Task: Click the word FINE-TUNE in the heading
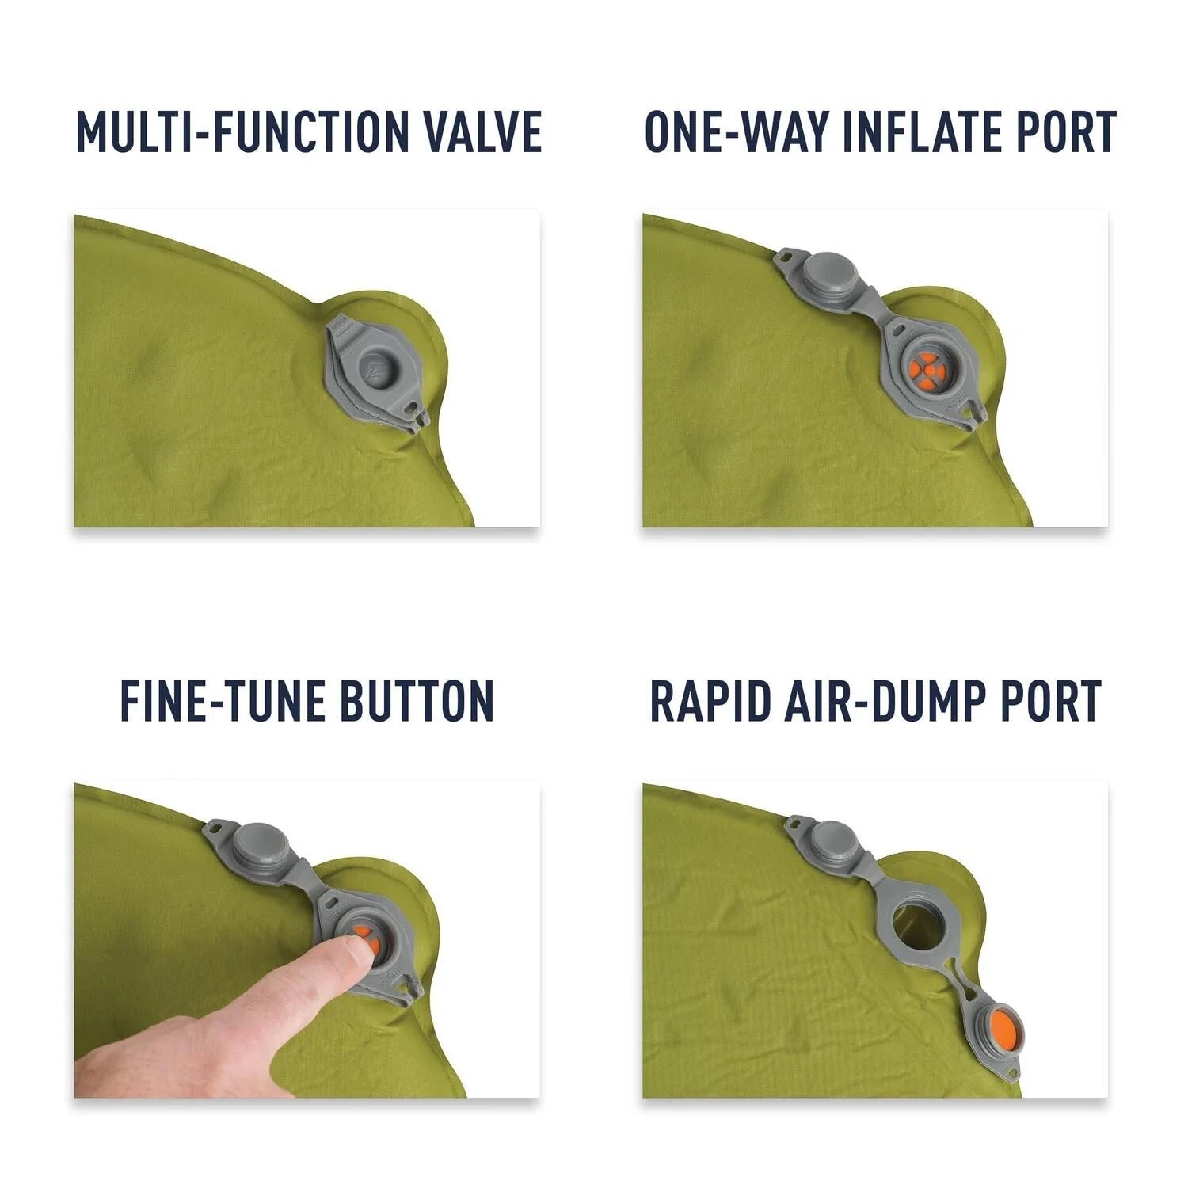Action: [x=213, y=700]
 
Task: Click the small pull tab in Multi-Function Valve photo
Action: [x=417, y=412]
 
